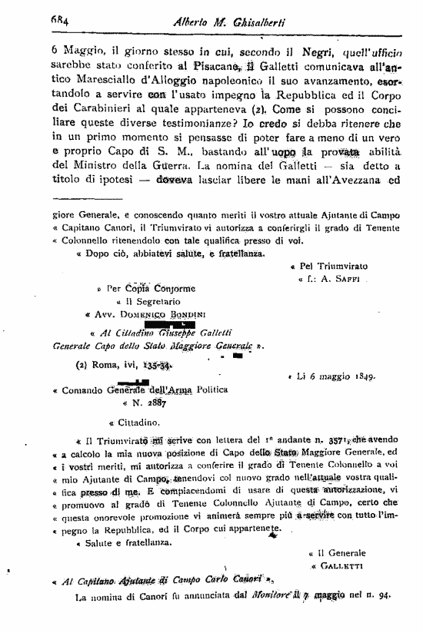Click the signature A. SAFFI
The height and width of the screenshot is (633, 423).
tap(338, 280)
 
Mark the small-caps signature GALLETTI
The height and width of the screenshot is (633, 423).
tap(338, 566)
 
